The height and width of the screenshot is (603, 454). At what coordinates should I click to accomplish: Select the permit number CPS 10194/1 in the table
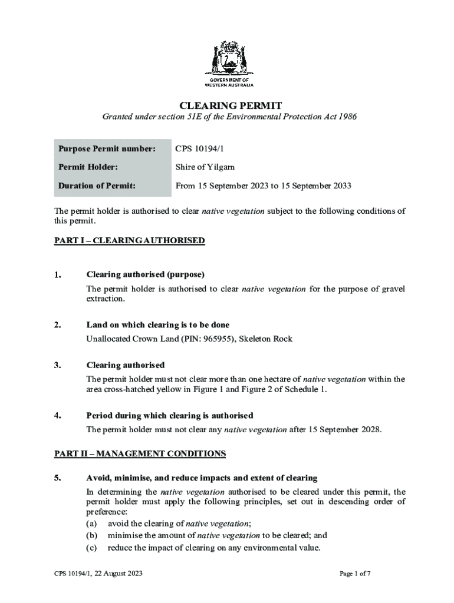coord(200,148)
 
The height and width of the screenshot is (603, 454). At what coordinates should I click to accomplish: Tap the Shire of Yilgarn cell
coord(205,167)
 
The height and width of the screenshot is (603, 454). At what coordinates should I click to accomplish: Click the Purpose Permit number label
coord(106,148)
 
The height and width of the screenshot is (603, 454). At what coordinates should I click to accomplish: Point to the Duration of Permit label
coord(97,186)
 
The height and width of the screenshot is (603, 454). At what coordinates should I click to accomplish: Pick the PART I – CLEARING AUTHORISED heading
coord(129,240)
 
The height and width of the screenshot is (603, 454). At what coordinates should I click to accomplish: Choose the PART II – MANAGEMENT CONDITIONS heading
coord(140,453)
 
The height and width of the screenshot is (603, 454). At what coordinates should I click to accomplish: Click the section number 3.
coord(57,365)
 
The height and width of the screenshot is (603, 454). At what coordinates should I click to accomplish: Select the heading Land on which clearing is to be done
coord(157,325)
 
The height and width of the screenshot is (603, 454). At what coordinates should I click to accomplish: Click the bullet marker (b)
coord(92,535)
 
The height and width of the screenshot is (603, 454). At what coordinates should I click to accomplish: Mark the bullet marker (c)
coord(92,548)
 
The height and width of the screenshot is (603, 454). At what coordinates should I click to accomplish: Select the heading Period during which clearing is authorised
coord(170,415)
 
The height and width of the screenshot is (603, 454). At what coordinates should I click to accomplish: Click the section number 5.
coord(57,478)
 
